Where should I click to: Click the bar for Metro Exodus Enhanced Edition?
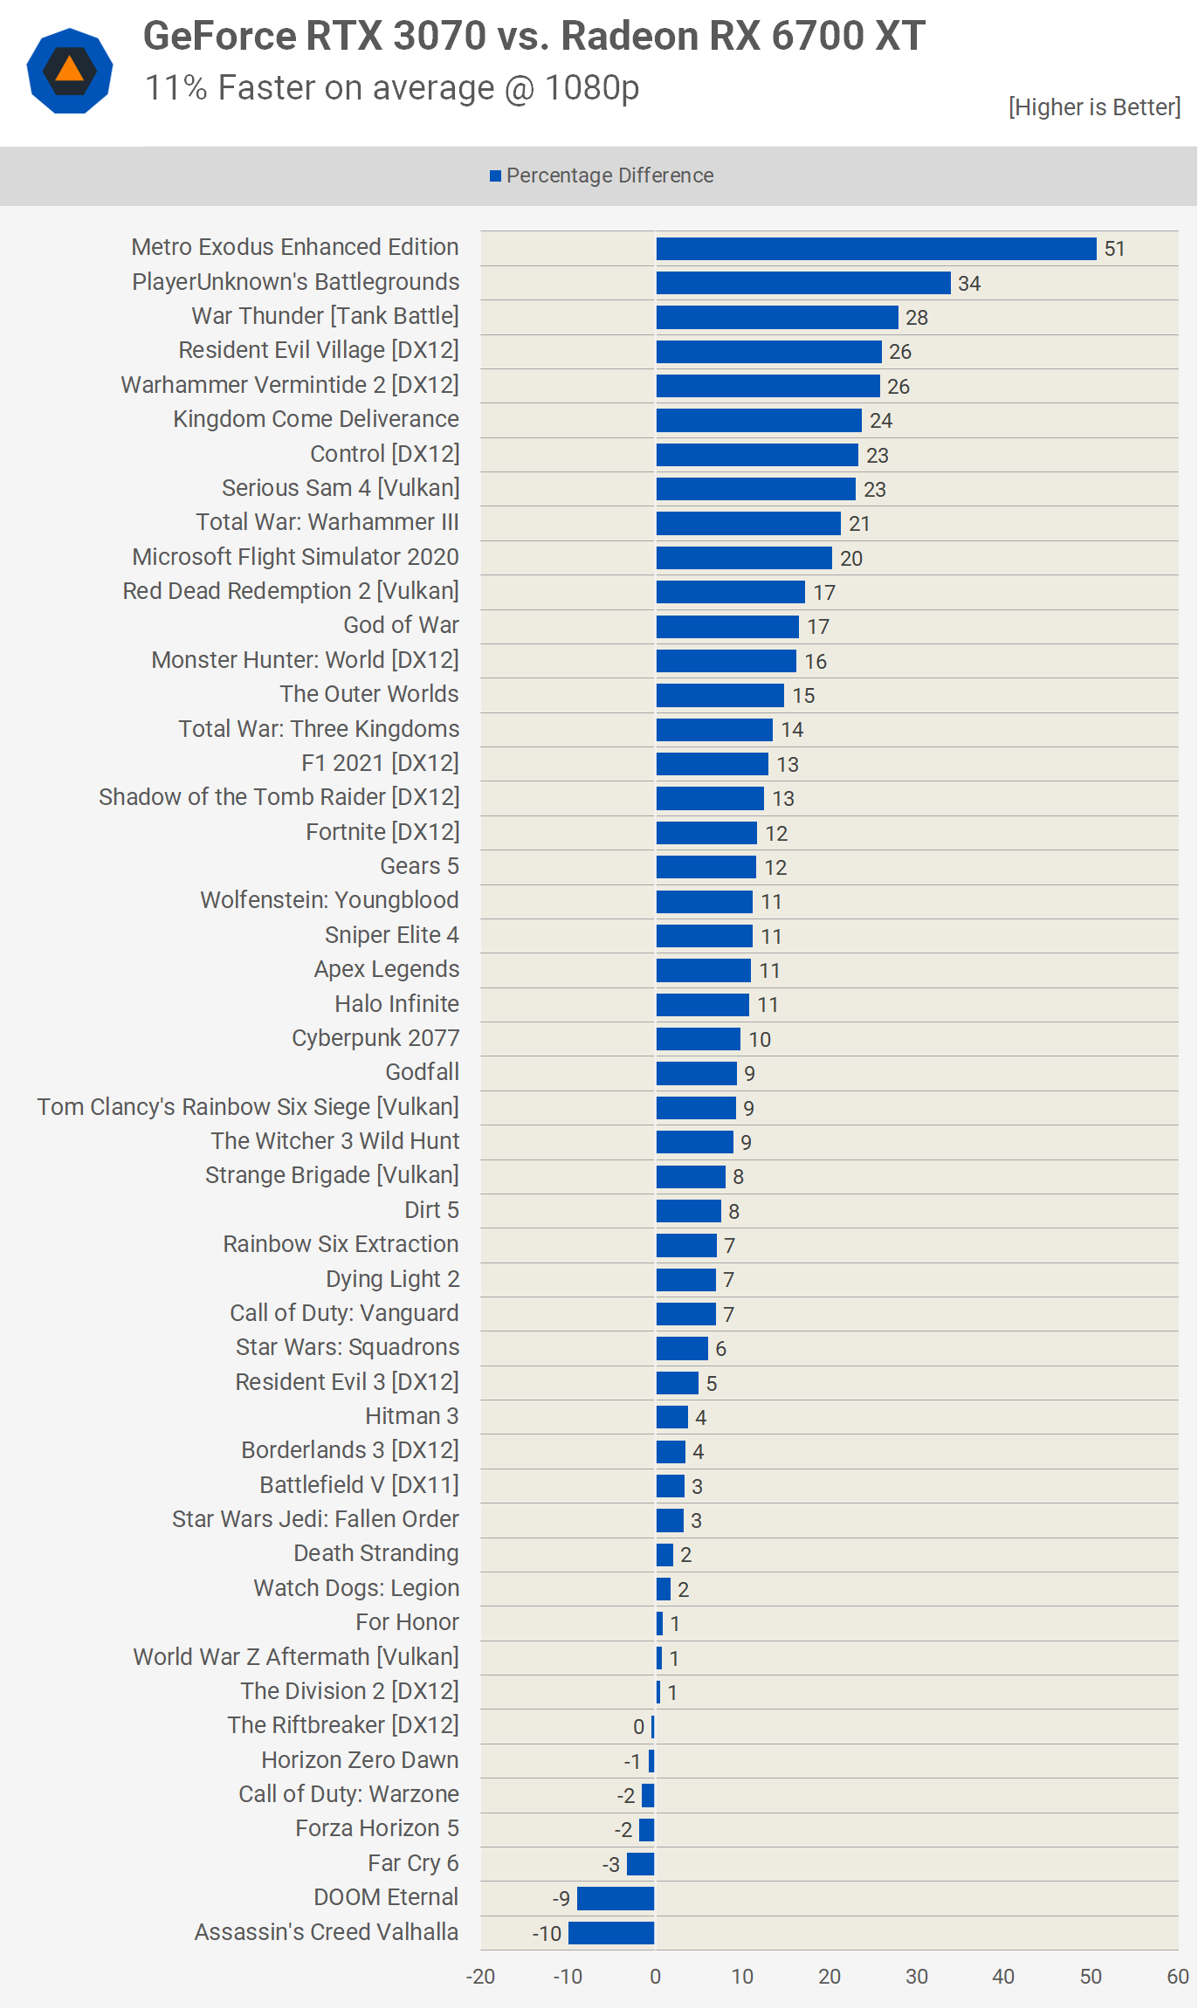pyautogui.click(x=876, y=249)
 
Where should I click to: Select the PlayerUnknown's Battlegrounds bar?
pyautogui.click(x=803, y=283)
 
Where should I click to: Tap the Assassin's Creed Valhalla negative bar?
pyautogui.click(x=611, y=1933)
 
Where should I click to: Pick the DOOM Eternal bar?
pyautogui.click(x=616, y=1898)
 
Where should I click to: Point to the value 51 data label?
pyautogui.click(x=1114, y=249)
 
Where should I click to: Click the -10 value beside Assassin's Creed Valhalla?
pyautogui.click(x=547, y=1934)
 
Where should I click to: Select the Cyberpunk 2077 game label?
pyautogui.click(x=375, y=1038)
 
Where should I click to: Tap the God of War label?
pyautogui.click(x=401, y=625)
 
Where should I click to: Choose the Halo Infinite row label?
pyautogui.click(x=396, y=1004)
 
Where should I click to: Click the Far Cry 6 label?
pyautogui.click(x=413, y=1863)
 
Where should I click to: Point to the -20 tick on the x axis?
pyautogui.click(x=480, y=1977)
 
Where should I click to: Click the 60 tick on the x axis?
pyautogui.click(x=1178, y=1977)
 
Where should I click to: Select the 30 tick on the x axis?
pyautogui.click(x=917, y=1977)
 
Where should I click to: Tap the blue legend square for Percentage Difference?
pyautogui.click(x=495, y=176)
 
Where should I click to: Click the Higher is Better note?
pyautogui.click(x=1094, y=107)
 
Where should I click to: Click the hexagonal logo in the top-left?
pyautogui.click(x=70, y=71)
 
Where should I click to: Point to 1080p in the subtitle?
pyautogui.click(x=591, y=88)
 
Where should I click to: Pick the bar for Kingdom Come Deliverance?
pyautogui.click(x=759, y=421)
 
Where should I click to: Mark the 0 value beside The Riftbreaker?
pyautogui.click(x=638, y=1727)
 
